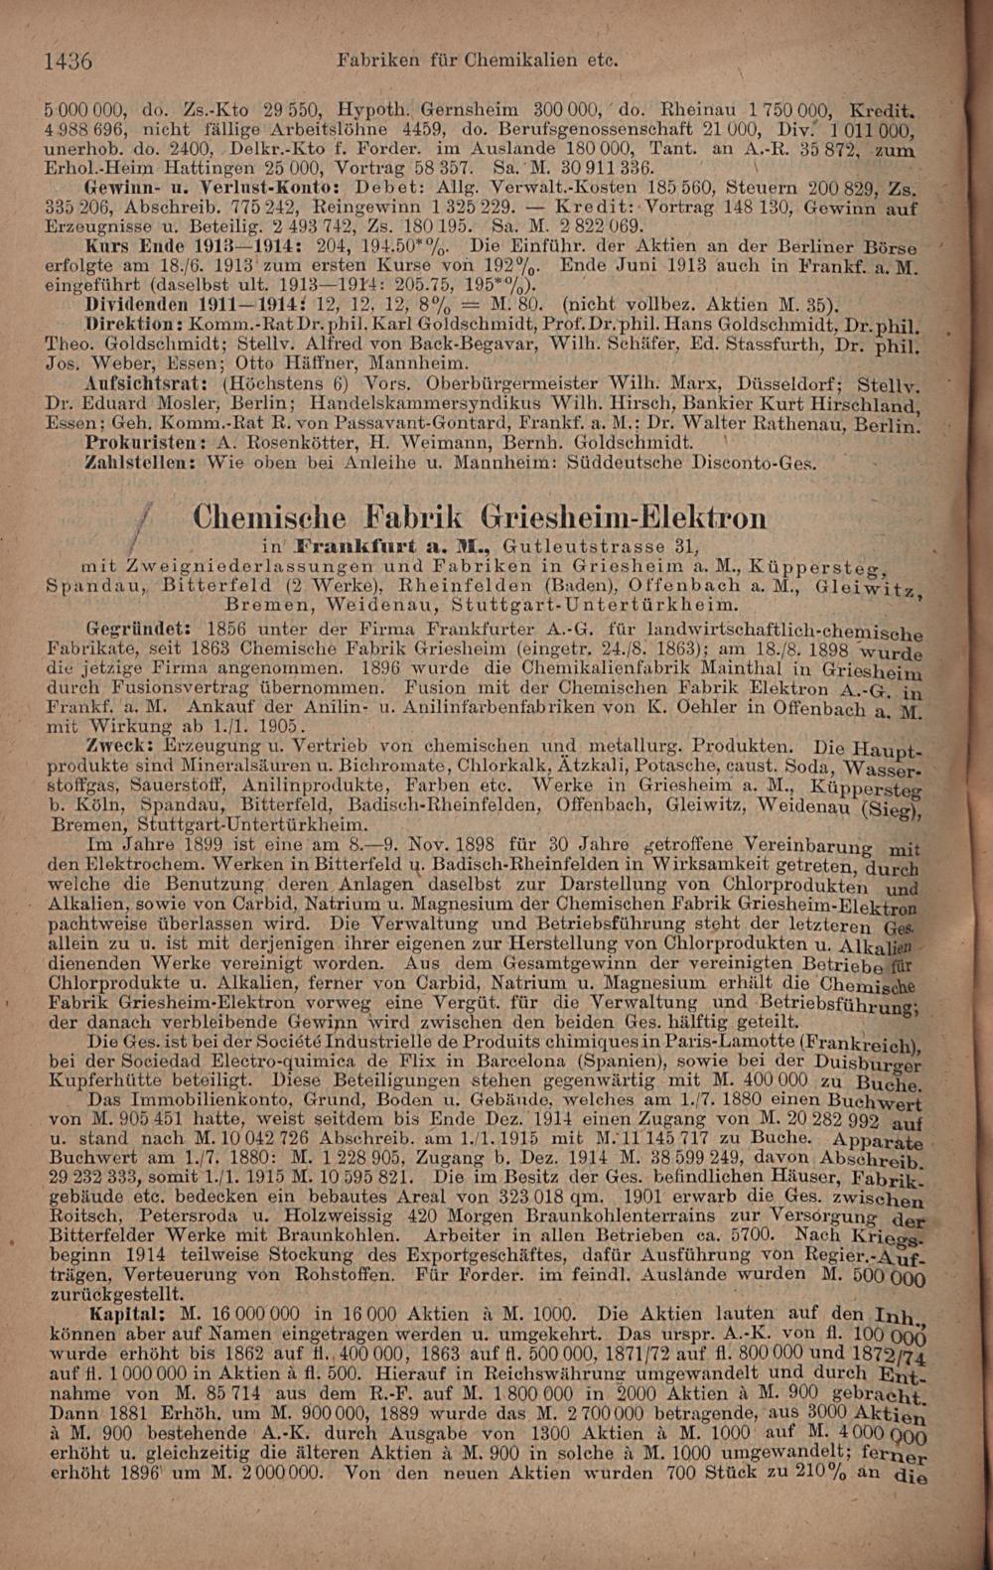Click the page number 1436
[x=68, y=60]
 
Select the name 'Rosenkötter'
[x=282, y=441]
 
